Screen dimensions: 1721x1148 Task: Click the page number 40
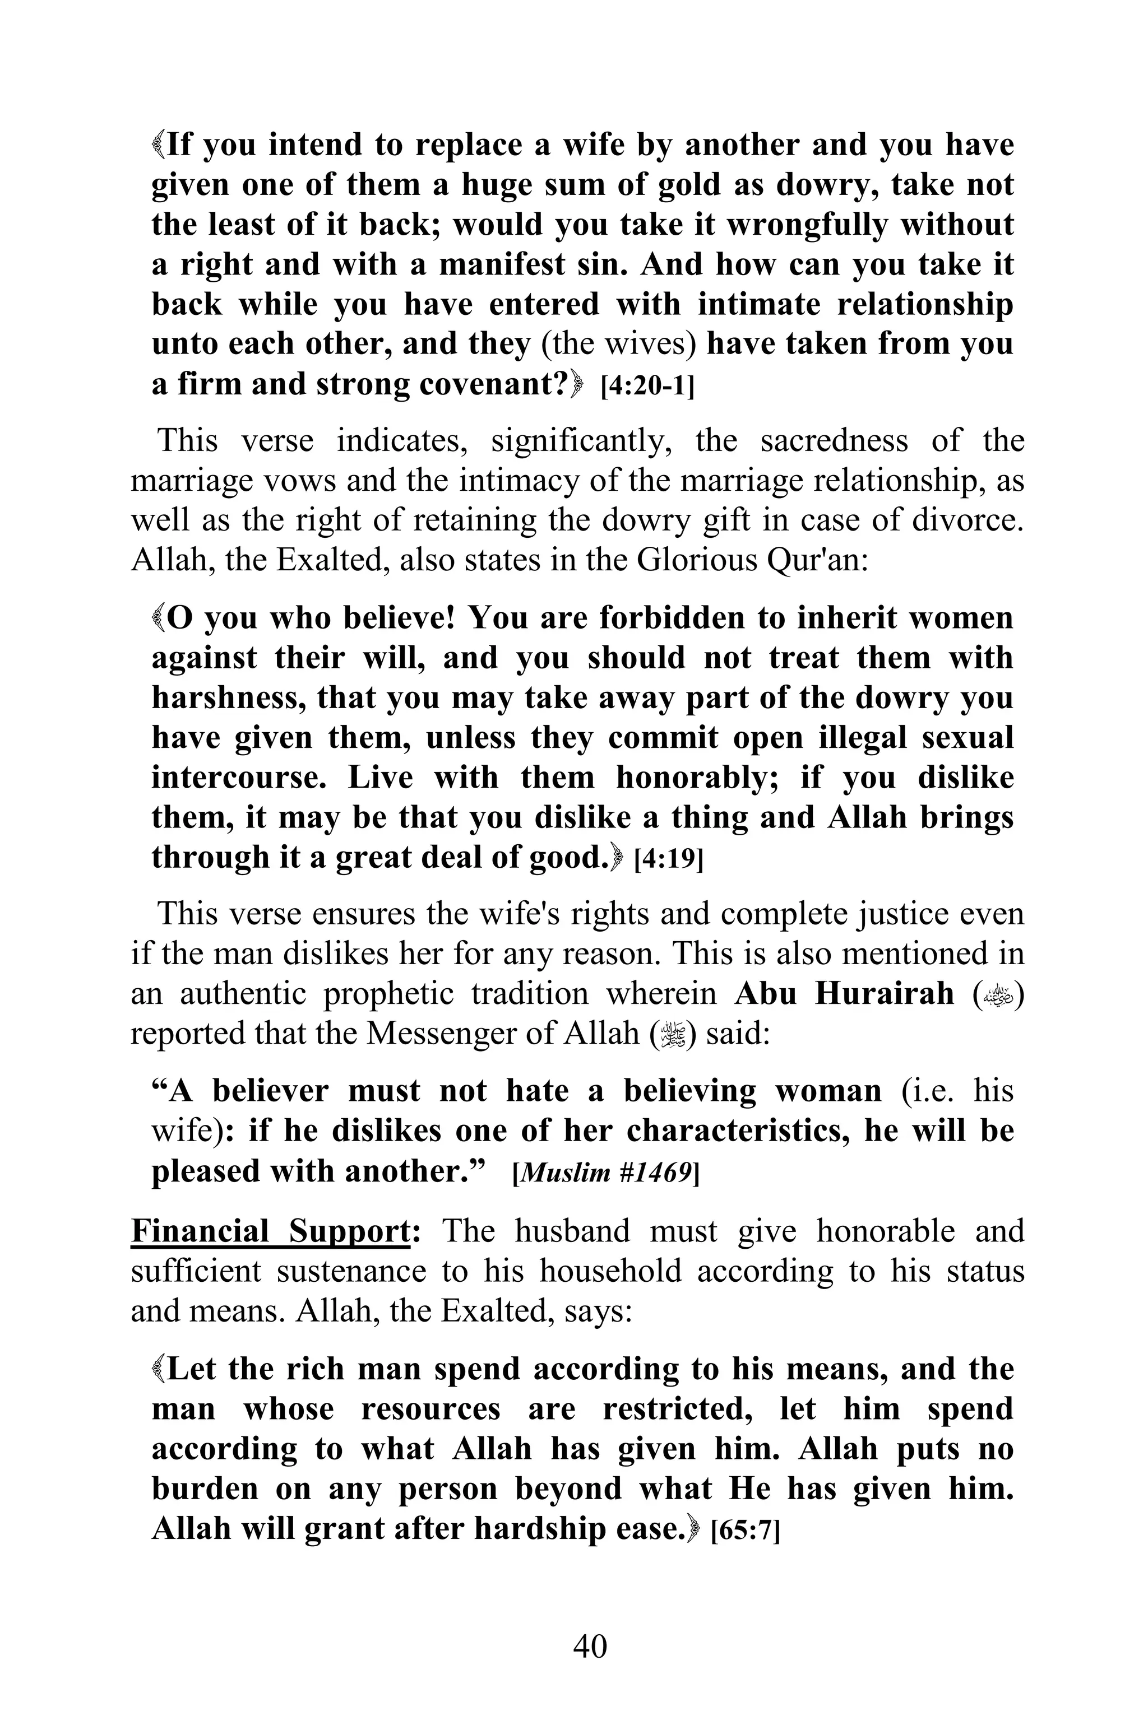589,1645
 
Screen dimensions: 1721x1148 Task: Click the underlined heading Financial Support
270,1231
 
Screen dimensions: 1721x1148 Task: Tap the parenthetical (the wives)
619,344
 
